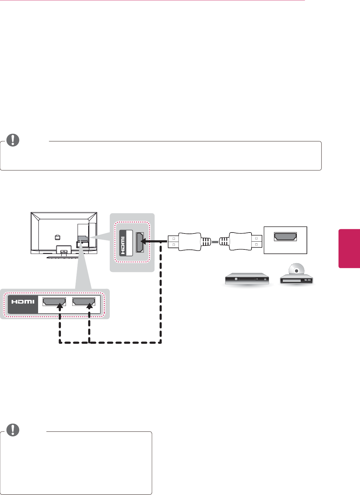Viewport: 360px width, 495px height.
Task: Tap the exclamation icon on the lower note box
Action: coord(13,430)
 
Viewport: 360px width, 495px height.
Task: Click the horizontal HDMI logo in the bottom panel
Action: coord(23,302)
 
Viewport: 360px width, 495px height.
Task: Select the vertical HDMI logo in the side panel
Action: coord(123,242)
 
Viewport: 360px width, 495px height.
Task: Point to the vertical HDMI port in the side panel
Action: coord(140,242)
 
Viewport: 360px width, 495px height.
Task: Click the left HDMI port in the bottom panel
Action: coord(54,301)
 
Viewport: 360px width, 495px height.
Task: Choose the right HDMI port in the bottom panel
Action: coord(83,301)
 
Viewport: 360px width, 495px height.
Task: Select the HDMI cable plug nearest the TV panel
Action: coord(184,242)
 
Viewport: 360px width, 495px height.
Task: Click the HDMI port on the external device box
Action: coord(285,237)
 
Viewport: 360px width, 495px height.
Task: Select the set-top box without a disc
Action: coord(248,279)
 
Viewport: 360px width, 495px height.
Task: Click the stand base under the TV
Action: coord(64,257)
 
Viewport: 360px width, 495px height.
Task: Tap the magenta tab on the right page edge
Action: coord(349,248)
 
